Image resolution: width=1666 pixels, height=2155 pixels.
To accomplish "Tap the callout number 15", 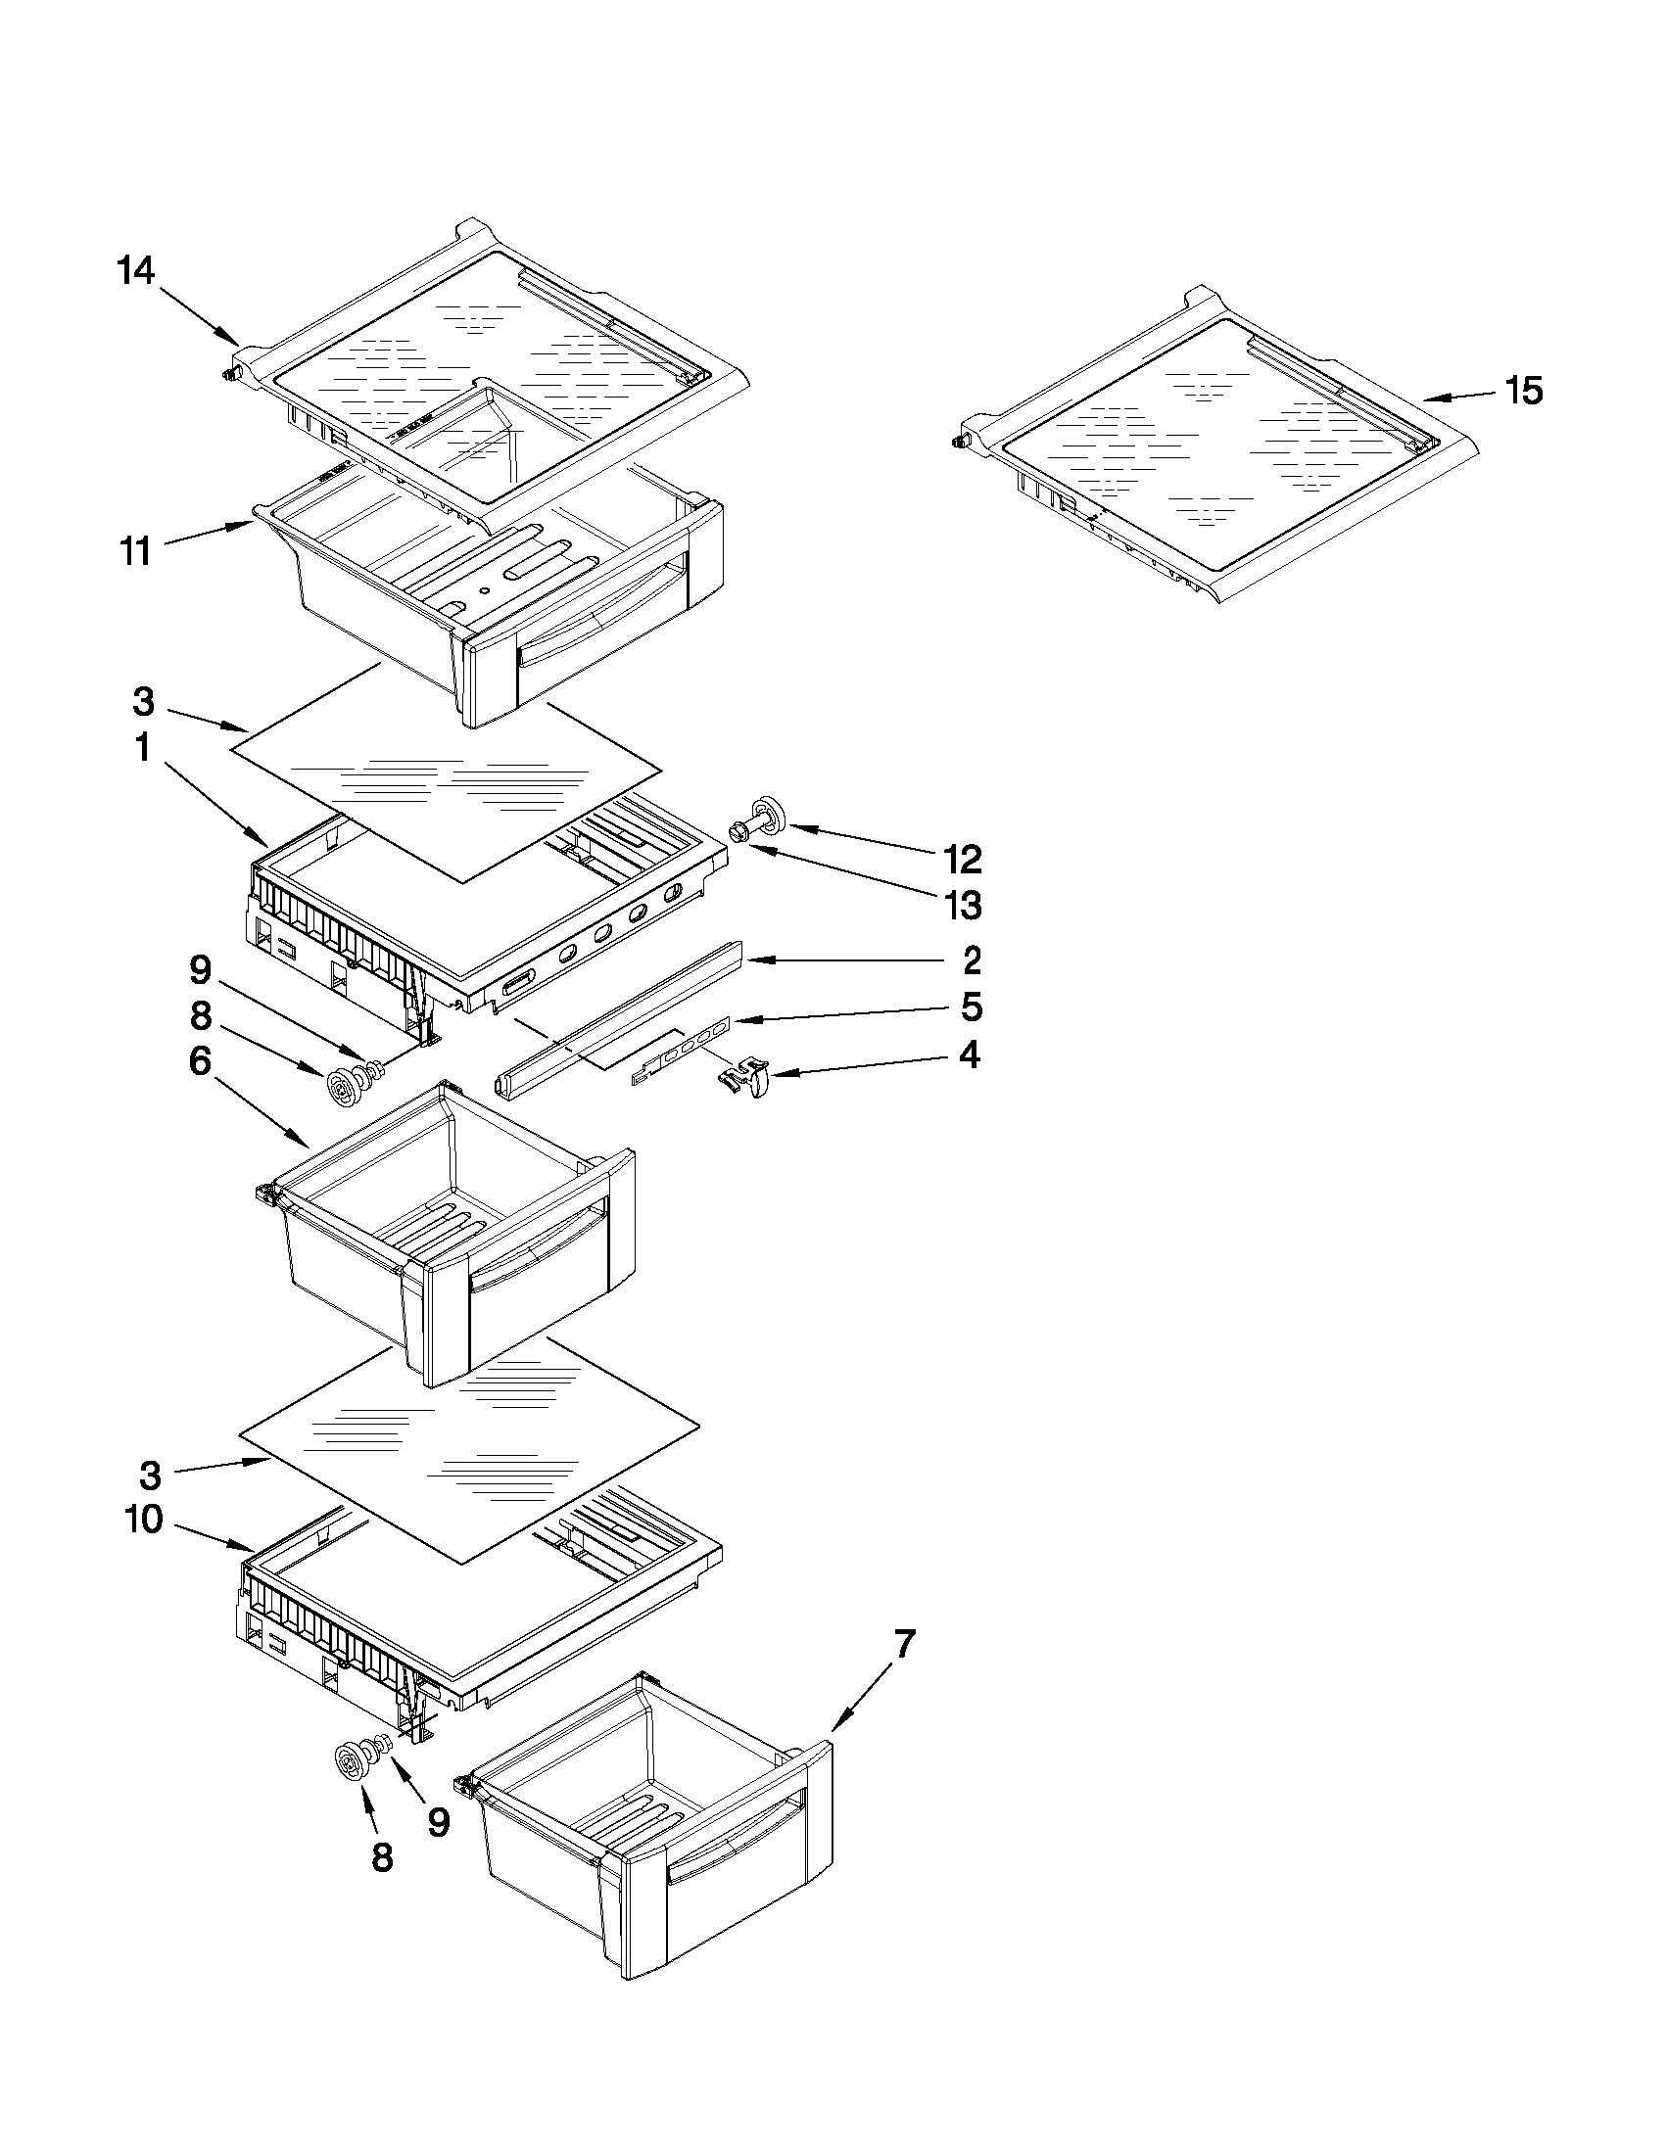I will click(1524, 391).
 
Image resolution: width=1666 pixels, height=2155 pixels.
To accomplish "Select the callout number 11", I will click(135, 551).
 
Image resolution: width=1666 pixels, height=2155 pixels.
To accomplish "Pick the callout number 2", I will click(972, 960).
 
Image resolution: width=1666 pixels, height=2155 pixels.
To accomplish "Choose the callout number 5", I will click(972, 1007).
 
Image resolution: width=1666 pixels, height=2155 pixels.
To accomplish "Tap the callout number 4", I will click(971, 1055).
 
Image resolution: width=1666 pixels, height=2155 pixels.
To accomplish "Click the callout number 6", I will click(201, 1062).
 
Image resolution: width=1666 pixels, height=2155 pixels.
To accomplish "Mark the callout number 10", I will click(144, 1520).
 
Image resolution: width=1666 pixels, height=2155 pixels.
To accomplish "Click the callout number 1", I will click(143, 749).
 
